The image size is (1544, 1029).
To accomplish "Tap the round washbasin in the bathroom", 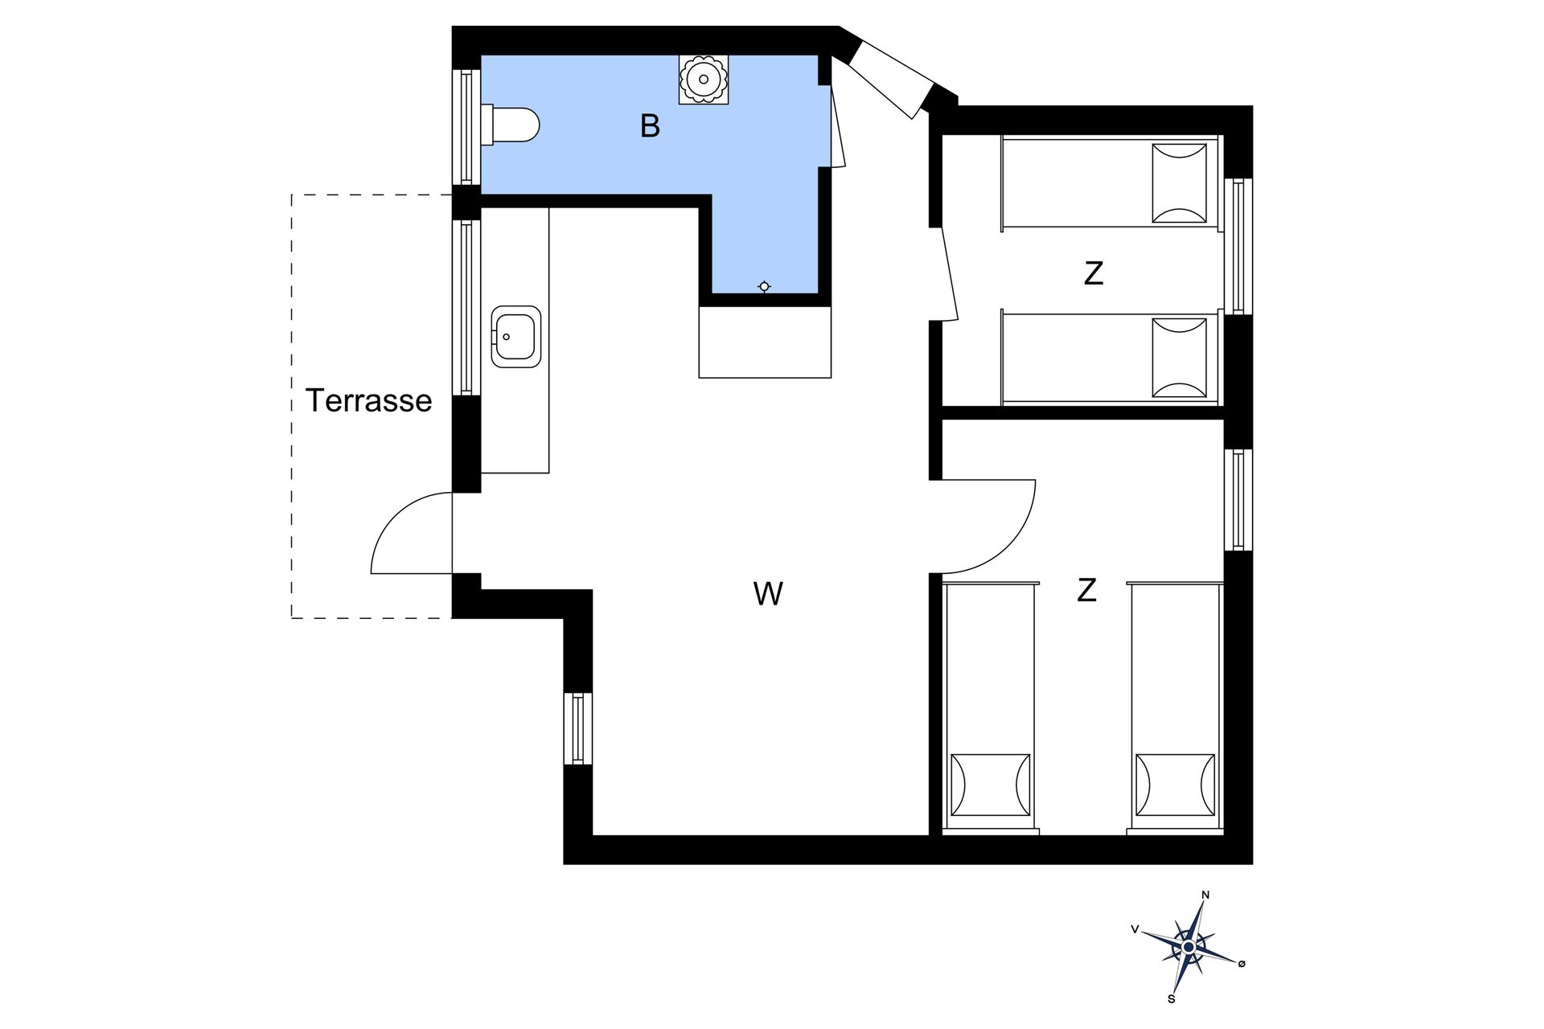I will tap(704, 79).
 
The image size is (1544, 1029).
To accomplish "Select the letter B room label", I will tap(650, 126).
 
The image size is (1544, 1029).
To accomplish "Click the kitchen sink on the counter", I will tap(515, 336).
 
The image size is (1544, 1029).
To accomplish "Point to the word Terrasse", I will tap(368, 400).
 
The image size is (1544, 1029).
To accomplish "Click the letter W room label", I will tap(768, 594).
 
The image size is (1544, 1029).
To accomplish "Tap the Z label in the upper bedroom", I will tap(1093, 273).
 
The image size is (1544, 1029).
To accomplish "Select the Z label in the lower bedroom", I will tap(1086, 591).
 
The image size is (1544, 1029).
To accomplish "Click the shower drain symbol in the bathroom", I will tap(764, 286).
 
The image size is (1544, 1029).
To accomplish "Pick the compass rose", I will tap(1189, 948).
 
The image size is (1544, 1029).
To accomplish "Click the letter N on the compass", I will tap(1205, 895).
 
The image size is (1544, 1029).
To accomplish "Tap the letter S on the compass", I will tap(1172, 999).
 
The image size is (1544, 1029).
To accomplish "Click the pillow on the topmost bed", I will tap(1179, 183).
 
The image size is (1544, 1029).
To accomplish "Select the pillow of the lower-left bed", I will tap(990, 785).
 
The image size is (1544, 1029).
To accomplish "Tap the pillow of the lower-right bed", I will tap(1174, 785).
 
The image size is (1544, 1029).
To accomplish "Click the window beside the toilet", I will tap(466, 126).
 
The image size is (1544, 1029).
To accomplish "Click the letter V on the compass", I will tap(1135, 929).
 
